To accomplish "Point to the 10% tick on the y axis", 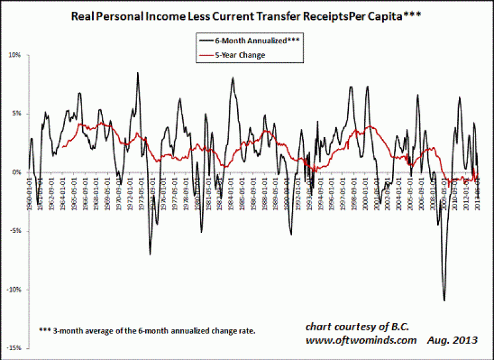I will [15, 55].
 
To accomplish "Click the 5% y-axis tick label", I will [16, 114].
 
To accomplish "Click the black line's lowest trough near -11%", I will [444, 301].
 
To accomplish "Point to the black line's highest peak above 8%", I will [138, 73].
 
